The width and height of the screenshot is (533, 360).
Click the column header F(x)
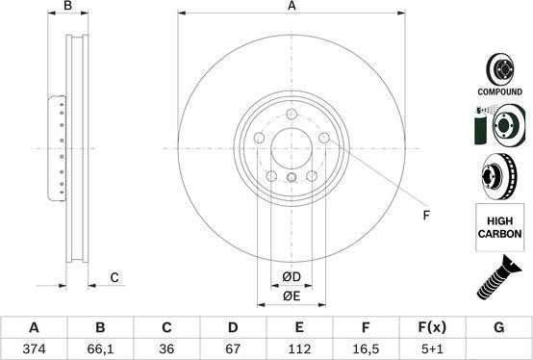(432, 327)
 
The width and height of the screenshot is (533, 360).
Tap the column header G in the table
(498, 327)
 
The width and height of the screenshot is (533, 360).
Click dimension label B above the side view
(67, 8)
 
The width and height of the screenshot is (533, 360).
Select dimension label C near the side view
(114, 277)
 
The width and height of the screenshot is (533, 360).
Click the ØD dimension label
(292, 278)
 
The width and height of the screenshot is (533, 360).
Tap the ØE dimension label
(292, 296)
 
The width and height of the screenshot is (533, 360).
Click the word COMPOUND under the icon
(499, 91)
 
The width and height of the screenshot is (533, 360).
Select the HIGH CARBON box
(499, 227)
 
